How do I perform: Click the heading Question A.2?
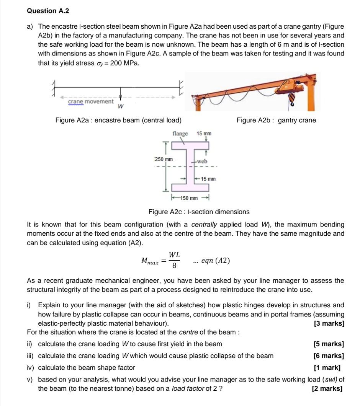(x=48, y=11)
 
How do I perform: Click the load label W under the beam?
(x=121, y=106)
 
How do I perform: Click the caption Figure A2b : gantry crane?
(x=276, y=121)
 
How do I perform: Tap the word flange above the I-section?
(x=180, y=134)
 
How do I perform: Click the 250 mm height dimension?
(x=163, y=159)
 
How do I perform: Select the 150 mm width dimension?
(x=189, y=198)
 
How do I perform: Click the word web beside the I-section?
(x=202, y=162)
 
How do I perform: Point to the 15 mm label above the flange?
(x=204, y=134)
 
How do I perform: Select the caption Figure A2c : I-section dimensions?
(x=199, y=212)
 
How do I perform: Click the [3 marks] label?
(x=329, y=324)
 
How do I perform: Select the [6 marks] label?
(x=329, y=356)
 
